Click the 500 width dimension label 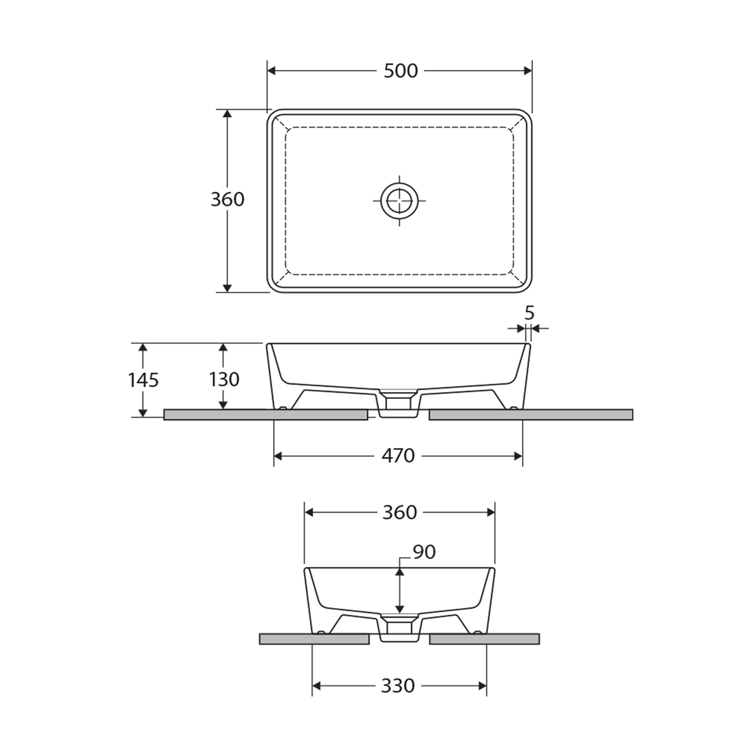[400, 71]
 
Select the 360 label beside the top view [227, 199]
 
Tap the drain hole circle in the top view [399, 201]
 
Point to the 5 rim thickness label [529, 313]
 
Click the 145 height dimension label [143, 380]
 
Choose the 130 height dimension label [224, 379]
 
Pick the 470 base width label [398, 456]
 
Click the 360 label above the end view [400, 512]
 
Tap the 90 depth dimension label [424, 552]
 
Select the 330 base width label [398, 686]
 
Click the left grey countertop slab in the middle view [265, 415]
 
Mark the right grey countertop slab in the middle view [531, 415]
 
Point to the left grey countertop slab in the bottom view [314, 638]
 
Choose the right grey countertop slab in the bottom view [484, 638]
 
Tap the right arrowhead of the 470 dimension [518, 456]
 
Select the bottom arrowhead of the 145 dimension [143, 413]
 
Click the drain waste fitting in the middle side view [398, 405]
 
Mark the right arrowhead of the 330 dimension [482, 686]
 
